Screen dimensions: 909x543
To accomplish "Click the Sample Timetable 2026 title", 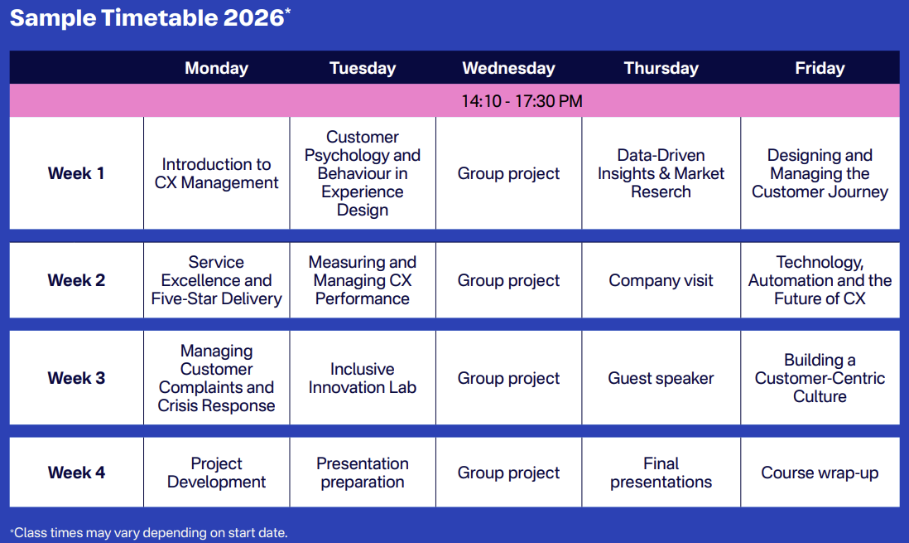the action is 150,17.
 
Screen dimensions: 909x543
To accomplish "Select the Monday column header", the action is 216,68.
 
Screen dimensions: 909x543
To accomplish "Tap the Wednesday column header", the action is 508,68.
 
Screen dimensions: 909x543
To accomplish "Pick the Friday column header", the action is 820,68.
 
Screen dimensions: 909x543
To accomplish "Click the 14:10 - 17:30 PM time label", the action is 522,101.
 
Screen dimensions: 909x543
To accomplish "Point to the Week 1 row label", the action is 76,173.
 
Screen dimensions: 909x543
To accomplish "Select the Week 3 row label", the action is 76,378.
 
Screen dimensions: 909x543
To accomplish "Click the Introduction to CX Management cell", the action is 216,173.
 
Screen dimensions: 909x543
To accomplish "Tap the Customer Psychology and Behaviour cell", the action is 363,173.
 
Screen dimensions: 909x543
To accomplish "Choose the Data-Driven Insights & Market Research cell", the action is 661,173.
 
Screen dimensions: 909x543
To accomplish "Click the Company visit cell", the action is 661,280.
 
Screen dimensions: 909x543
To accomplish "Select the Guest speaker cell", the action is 661,378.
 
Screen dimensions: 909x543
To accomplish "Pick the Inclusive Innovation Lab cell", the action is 363,378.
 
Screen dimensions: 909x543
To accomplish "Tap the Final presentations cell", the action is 661,473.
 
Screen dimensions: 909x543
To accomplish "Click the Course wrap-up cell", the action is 820,473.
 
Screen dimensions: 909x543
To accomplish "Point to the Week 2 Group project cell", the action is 508,280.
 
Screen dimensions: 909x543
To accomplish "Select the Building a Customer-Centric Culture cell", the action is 820,378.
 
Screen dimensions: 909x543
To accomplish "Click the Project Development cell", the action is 216,473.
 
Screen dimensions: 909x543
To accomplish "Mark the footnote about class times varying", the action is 148,532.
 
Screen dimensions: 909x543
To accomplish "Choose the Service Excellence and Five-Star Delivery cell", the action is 216,280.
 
